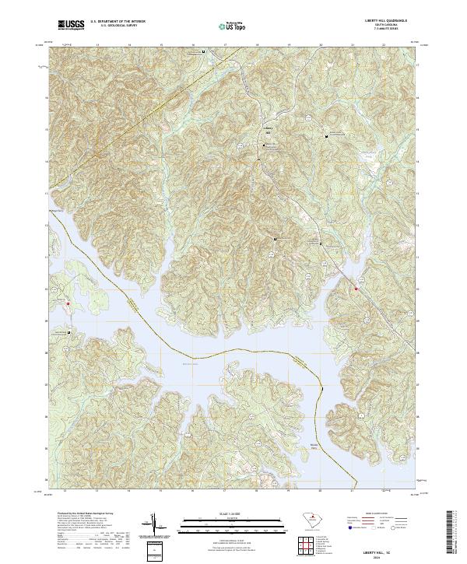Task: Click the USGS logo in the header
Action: tap(71, 25)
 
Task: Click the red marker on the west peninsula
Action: tap(68, 303)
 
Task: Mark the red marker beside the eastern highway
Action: tap(356, 289)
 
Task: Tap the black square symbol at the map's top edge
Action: tap(204, 52)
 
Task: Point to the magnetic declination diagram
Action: tap(156, 526)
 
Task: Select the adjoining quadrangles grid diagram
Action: tap(309, 548)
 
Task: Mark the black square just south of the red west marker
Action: tap(68, 331)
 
